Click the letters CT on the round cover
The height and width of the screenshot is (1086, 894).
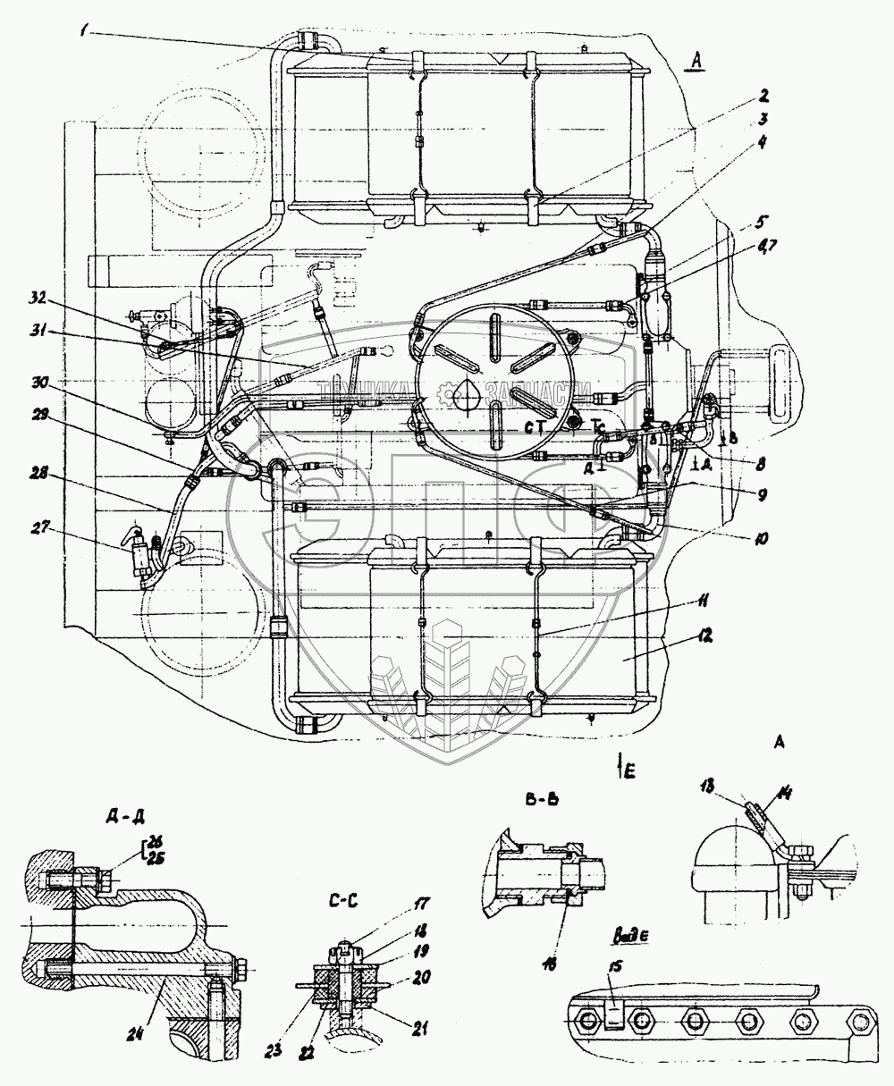(x=536, y=427)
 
